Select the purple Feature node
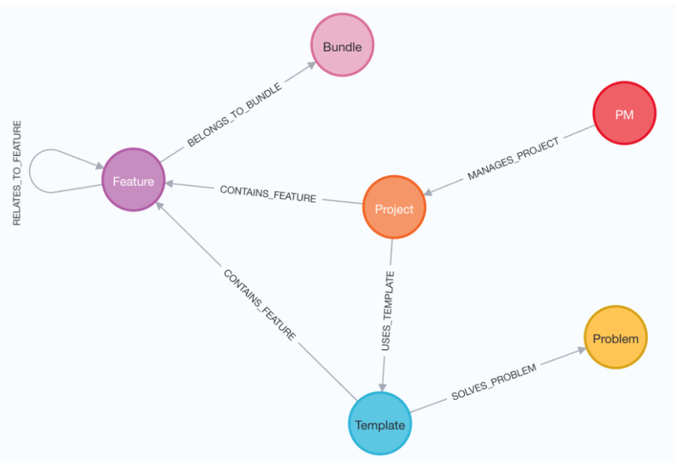[x=133, y=180]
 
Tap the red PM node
[x=624, y=114]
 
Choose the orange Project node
[x=394, y=208]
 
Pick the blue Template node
[x=380, y=424]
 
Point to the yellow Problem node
[x=615, y=338]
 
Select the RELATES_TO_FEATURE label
[x=18, y=173]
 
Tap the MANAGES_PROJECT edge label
[x=513, y=160]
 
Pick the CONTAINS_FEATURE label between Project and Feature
[x=267, y=194]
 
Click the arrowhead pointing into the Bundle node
[x=311, y=64]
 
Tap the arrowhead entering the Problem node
[x=580, y=351]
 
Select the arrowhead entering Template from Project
[x=383, y=387]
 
